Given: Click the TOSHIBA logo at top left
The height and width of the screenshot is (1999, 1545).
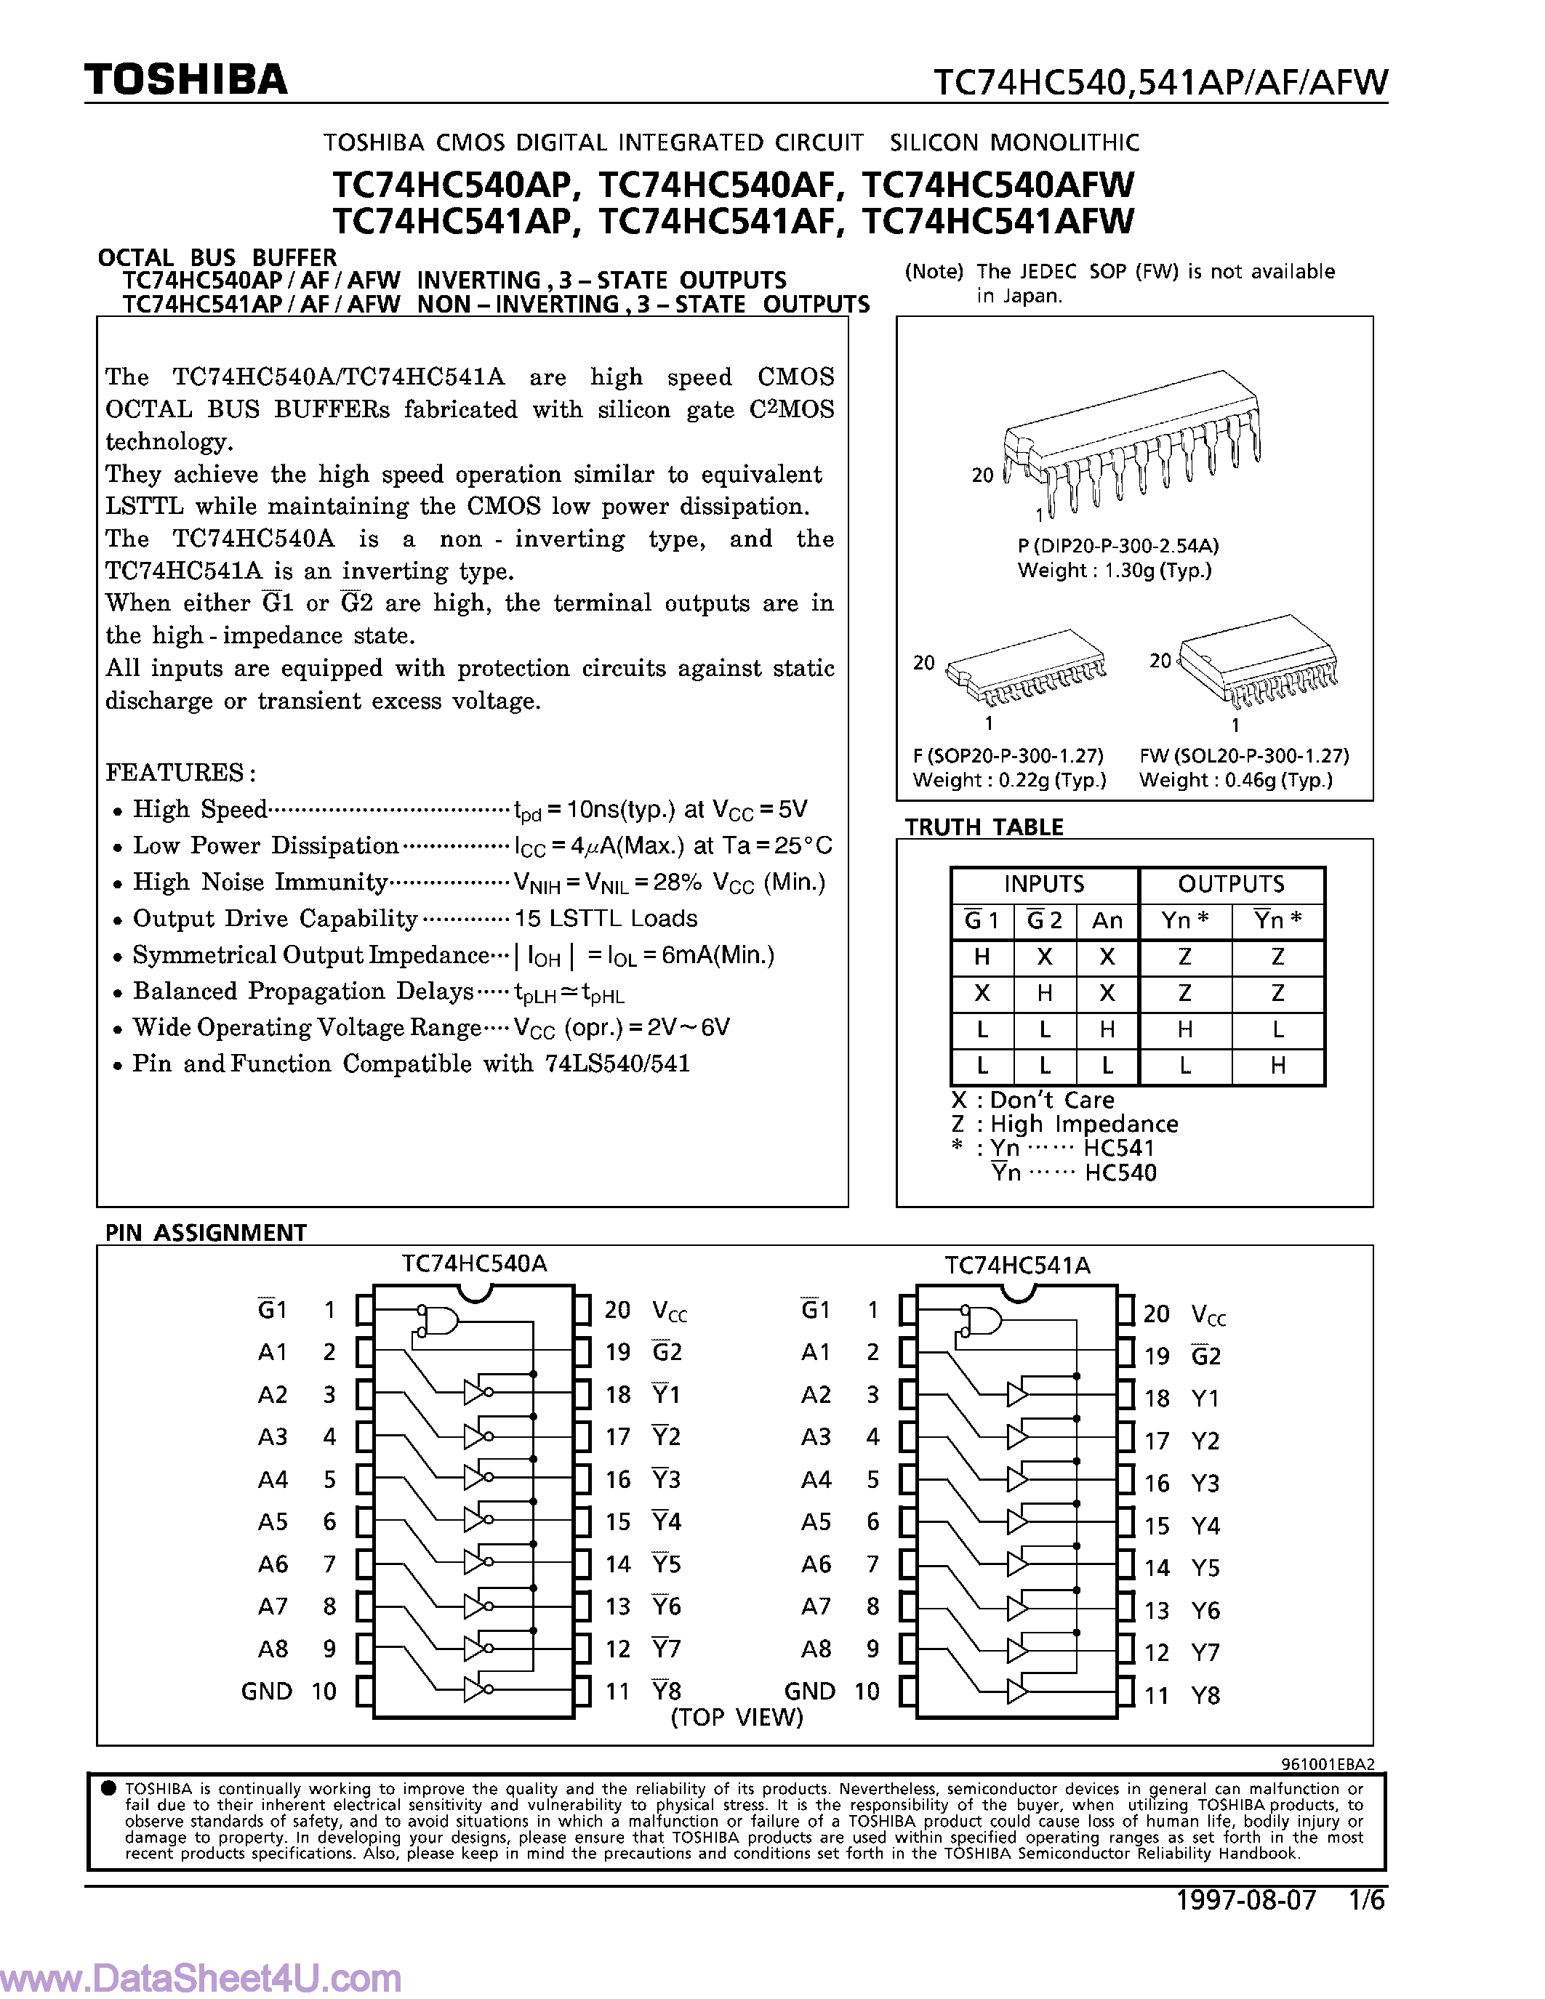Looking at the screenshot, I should point(186,81).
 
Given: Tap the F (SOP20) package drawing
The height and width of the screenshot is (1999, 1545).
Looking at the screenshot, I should point(1025,668).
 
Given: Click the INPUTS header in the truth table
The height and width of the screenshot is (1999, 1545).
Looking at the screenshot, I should point(1043,884).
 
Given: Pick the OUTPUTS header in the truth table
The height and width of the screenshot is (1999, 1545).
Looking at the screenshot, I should point(1231,884).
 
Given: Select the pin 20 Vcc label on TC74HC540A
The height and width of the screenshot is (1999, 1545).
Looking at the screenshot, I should point(669,1311).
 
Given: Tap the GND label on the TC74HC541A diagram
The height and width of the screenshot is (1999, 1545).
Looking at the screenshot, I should point(809,1692).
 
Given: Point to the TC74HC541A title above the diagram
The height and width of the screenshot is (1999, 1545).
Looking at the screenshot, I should point(1017,1266).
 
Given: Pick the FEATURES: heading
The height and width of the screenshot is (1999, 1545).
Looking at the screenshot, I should point(180,773).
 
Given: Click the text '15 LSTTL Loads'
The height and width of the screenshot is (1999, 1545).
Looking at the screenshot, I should point(606,918).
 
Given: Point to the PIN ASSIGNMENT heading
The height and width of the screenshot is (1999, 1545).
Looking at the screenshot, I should point(205,1233).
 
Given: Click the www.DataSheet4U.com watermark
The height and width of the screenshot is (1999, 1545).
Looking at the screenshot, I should point(201,1977).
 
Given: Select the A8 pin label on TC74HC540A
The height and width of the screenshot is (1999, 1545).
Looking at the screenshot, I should point(273,1649).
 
